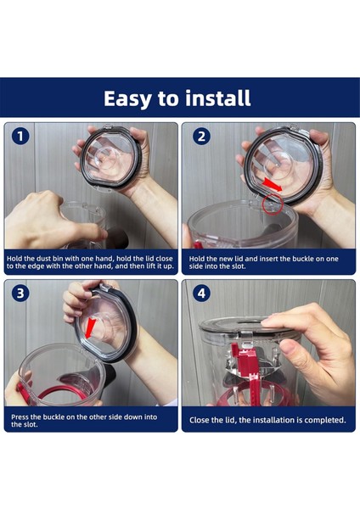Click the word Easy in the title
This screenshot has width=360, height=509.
(127, 98)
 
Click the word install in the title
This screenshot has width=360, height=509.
(217, 98)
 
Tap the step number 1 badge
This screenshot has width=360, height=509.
(20, 136)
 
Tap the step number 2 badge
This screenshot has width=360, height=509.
(201, 136)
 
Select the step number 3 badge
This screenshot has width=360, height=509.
(20, 294)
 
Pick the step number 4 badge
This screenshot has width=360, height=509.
(201, 294)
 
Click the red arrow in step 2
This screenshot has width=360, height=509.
(273, 185)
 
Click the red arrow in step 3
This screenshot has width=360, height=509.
(89, 327)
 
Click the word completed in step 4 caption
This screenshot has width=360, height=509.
(325, 421)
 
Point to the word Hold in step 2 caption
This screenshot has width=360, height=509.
(197, 259)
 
